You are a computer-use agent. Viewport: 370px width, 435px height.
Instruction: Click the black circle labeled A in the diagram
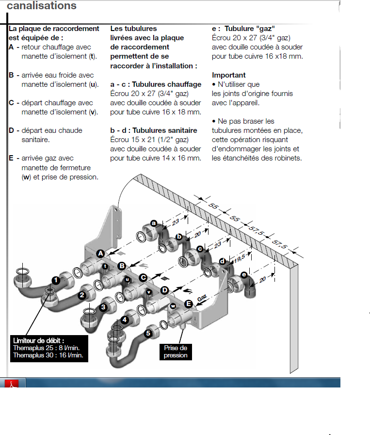click(x=100, y=253)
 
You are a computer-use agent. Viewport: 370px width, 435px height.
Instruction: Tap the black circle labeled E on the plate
click(x=188, y=304)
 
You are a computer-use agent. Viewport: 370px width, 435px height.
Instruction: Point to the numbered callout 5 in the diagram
click(x=148, y=333)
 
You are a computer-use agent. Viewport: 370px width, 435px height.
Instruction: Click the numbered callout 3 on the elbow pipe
click(x=103, y=307)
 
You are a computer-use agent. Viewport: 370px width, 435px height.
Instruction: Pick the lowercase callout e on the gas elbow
click(x=244, y=275)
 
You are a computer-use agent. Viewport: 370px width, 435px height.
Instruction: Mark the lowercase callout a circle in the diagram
click(x=154, y=223)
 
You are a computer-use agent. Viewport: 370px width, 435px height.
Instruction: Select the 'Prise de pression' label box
click(x=175, y=352)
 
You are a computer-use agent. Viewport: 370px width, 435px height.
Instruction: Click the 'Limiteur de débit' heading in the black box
click(x=39, y=341)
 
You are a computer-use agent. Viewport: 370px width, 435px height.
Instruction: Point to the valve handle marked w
click(x=172, y=306)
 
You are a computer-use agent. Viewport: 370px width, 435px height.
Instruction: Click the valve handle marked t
click(x=105, y=266)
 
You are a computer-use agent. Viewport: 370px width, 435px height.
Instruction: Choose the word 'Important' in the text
click(x=229, y=75)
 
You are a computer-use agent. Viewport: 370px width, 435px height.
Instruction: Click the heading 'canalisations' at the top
click(x=41, y=6)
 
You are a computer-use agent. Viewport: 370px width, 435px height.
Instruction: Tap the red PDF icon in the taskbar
click(x=15, y=383)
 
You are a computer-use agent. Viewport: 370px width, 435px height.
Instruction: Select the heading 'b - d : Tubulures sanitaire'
click(x=154, y=130)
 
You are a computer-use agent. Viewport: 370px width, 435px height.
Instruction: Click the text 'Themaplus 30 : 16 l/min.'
click(x=48, y=355)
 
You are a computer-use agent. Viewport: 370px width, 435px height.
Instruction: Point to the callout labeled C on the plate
click(x=143, y=277)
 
